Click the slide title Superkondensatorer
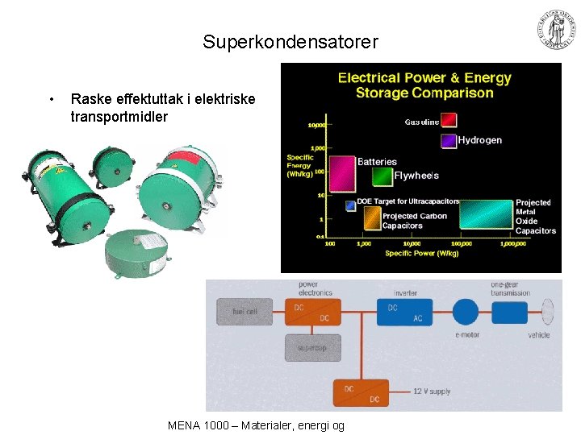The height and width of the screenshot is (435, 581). click(290, 41)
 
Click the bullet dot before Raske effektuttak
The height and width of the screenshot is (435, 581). click(52, 100)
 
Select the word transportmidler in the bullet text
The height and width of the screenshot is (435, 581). click(119, 117)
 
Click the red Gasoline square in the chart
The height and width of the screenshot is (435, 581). click(449, 120)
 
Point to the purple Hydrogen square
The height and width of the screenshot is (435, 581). click(449, 140)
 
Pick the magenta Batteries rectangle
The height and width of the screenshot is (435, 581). click(342, 172)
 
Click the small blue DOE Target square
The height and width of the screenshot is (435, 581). click(350, 205)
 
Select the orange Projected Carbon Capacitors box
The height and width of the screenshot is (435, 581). click(371, 216)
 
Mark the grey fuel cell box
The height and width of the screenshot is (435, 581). click(244, 312)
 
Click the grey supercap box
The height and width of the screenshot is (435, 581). click(311, 348)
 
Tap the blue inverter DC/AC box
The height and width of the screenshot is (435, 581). click(405, 312)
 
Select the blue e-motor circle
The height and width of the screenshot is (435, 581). click(466, 312)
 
